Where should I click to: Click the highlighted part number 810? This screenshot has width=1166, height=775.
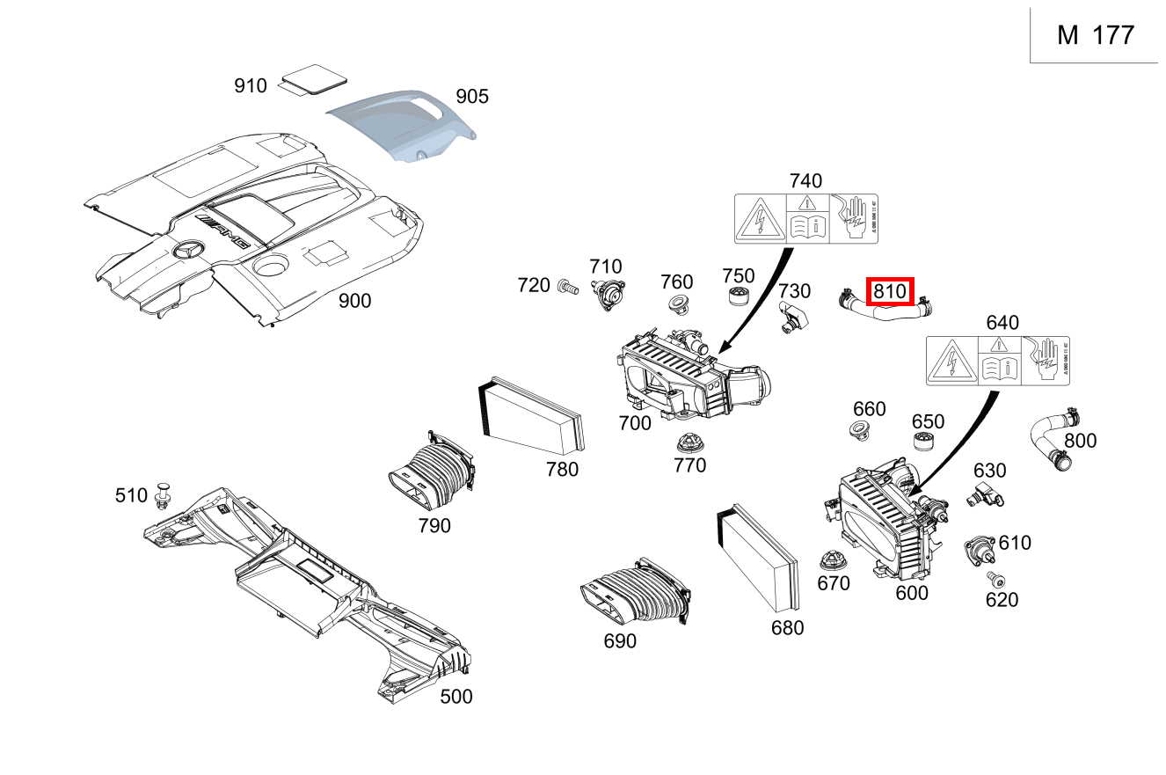891,291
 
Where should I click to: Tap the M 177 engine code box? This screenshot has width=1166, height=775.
1096,35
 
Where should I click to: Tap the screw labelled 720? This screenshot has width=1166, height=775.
566,285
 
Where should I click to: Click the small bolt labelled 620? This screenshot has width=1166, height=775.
995,579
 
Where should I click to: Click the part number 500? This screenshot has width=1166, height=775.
455,697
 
